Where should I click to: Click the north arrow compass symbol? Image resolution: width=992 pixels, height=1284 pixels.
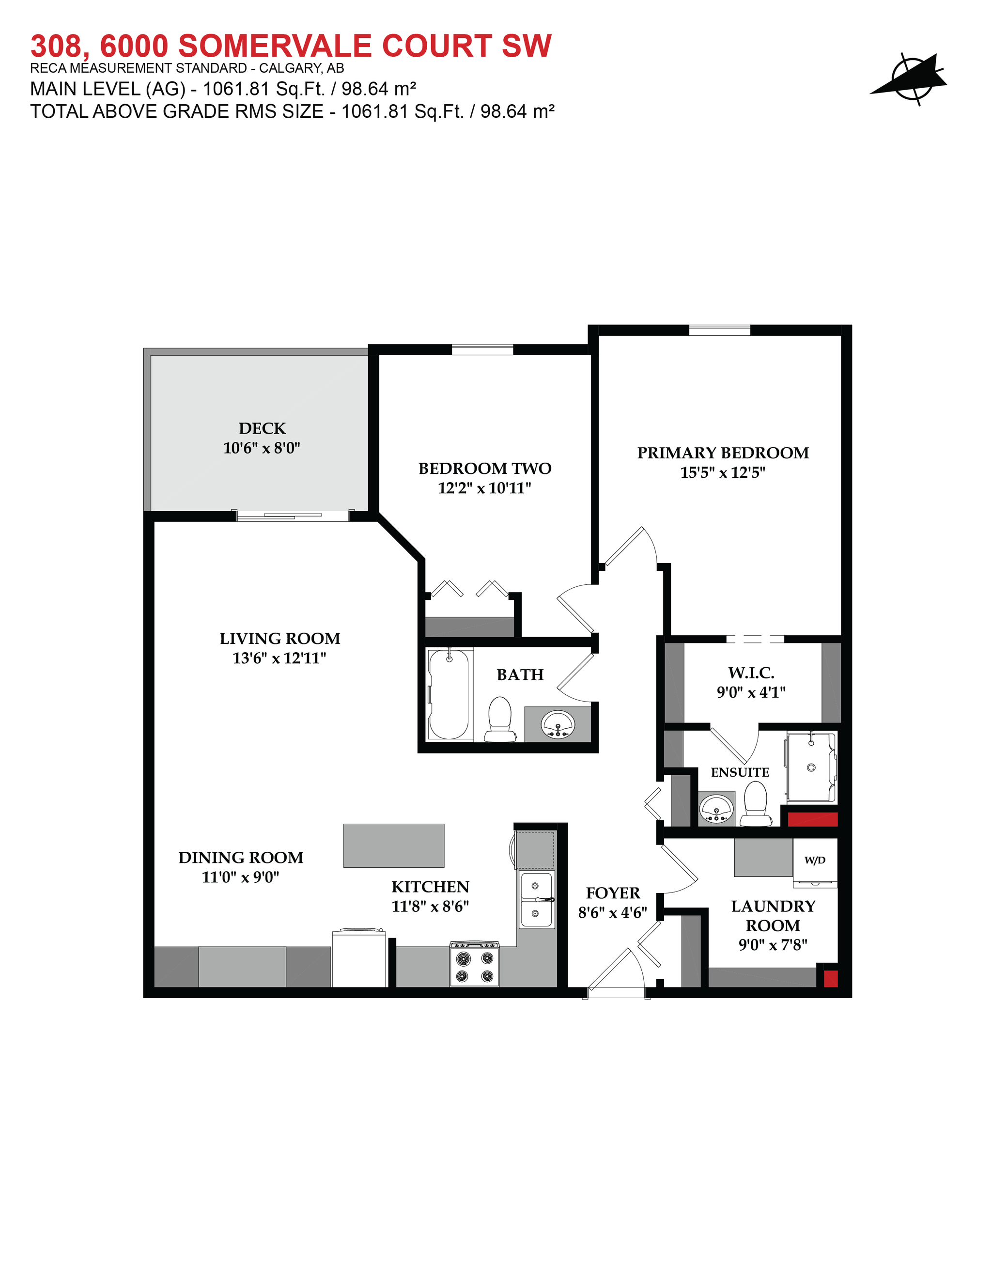(x=910, y=79)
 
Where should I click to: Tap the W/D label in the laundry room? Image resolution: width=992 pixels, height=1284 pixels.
(x=815, y=860)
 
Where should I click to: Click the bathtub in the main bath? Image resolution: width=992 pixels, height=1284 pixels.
(x=449, y=694)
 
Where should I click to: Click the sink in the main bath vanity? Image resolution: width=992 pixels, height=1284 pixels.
(x=557, y=724)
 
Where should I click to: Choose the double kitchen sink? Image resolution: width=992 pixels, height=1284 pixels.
(x=536, y=899)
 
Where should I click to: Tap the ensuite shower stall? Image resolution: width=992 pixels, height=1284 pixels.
(x=811, y=767)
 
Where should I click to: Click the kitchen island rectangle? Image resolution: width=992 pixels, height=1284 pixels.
(x=394, y=846)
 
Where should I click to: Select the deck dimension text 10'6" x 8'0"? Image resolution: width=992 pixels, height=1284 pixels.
(x=262, y=448)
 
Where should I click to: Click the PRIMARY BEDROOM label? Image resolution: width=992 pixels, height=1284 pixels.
(x=723, y=453)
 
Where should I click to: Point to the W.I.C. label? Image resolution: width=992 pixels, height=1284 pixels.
(x=751, y=673)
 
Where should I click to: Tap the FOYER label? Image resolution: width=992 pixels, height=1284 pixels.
(x=613, y=893)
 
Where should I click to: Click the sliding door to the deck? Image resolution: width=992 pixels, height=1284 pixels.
(x=293, y=516)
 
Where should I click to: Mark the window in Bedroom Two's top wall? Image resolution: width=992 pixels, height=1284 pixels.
(x=482, y=350)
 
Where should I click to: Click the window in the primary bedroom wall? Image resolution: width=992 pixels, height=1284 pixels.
(x=719, y=330)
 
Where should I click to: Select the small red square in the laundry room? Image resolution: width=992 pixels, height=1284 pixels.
(x=830, y=979)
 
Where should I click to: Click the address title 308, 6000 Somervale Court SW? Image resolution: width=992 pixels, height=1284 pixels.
(x=291, y=46)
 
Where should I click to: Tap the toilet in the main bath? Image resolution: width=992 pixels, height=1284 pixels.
(x=500, y=720)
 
